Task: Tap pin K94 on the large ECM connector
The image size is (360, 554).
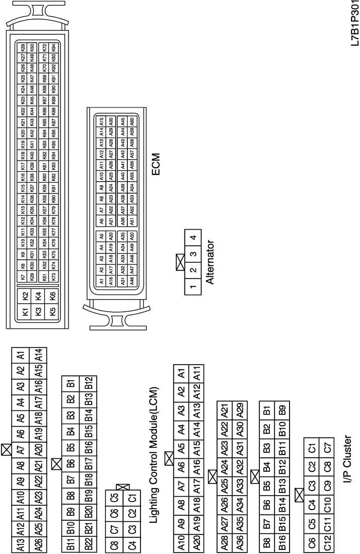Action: click(53, 47)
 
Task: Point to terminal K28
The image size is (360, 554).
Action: click(23, 47)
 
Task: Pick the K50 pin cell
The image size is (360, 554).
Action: click(33, 47)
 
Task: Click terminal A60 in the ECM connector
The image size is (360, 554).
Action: click(131, 121)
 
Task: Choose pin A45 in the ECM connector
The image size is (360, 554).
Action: click(122, 121)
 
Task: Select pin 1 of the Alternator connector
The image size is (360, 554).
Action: click(193, 290)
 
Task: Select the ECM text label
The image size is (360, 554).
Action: click(156, 164)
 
